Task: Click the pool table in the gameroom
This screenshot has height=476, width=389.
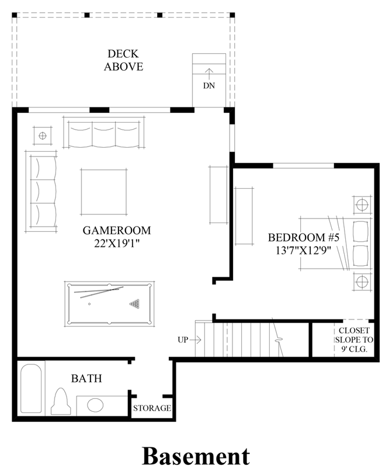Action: (x=109, y=304)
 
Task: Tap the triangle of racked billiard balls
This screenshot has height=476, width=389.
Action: (x=135, y=304)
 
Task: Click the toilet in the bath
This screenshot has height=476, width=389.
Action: (x=61, y=401)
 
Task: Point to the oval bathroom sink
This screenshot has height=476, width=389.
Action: (x=95, y=405)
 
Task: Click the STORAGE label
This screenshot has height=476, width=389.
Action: (x=152, y=408)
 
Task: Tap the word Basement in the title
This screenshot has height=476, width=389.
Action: (x=196, y=456)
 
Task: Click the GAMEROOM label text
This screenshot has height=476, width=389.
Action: (x=117, y=231)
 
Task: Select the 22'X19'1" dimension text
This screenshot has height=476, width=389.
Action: (x=117, y=244)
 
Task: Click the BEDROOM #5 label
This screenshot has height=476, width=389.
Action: (x=303, y=237)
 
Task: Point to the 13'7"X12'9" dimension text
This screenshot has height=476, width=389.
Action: (x=303, y=251)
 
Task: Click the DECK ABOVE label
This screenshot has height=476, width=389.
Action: (x=123, y=60)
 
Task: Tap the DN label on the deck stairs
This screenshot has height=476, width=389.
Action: (x=209, y=86)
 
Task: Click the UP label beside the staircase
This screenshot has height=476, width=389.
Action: (x=183, y=340)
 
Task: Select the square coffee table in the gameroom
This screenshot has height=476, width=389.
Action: (x=104, y=192)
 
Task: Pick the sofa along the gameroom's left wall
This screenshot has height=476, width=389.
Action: (x=41, y=191)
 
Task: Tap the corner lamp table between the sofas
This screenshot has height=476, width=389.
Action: (x=43, y=135)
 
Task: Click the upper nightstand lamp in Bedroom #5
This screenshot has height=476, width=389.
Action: (x=362, y=205)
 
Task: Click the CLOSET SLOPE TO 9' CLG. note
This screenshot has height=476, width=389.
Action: (x=354, y=340)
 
